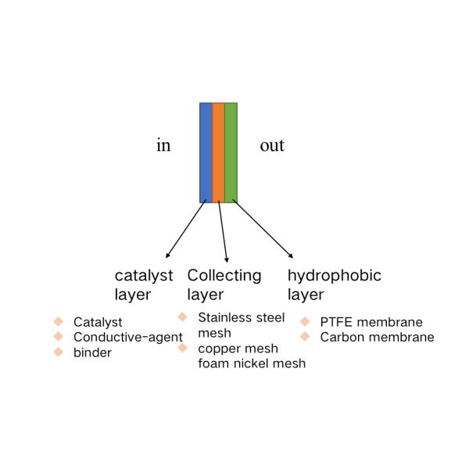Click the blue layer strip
pyautogui.click(x=206, y=153)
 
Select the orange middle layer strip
pyautogui.click(x=218, y=153)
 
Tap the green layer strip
pyautogui.click(x=231, y=153)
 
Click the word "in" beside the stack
pyautogui.click(x=163, y=145)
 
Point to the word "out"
pyautogui.click(x=272, y=146)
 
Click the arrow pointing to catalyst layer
pyautogui.click(x=186, y=228)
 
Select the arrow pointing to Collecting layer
pyautogui.click(x=223, y=231)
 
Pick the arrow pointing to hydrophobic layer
pyautogui.click(x=263, y=228)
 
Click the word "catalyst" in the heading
pyautogui.click(x=144, y=276)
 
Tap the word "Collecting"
pyautogui.click(x=224, y=276)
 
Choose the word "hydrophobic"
pyautogui.click(x=335, y=276)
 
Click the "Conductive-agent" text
pyautogui.click(x=128, y=338)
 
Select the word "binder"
pyautogui.click(x=92, y=353)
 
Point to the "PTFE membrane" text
pyautogui.click(x=371, y=322)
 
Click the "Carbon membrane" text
pyautogui.click(x=378, y=338)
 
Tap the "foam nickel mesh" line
pyautogui.click(x=252, y=363)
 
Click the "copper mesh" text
pyautogui.click(x=238, y=349)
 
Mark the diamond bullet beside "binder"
pyautogui.click(x=59, y=352)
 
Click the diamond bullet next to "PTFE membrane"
pyautogui.click(x=305, y=321)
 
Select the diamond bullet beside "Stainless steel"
pyautogui.click(x=182, y=317)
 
